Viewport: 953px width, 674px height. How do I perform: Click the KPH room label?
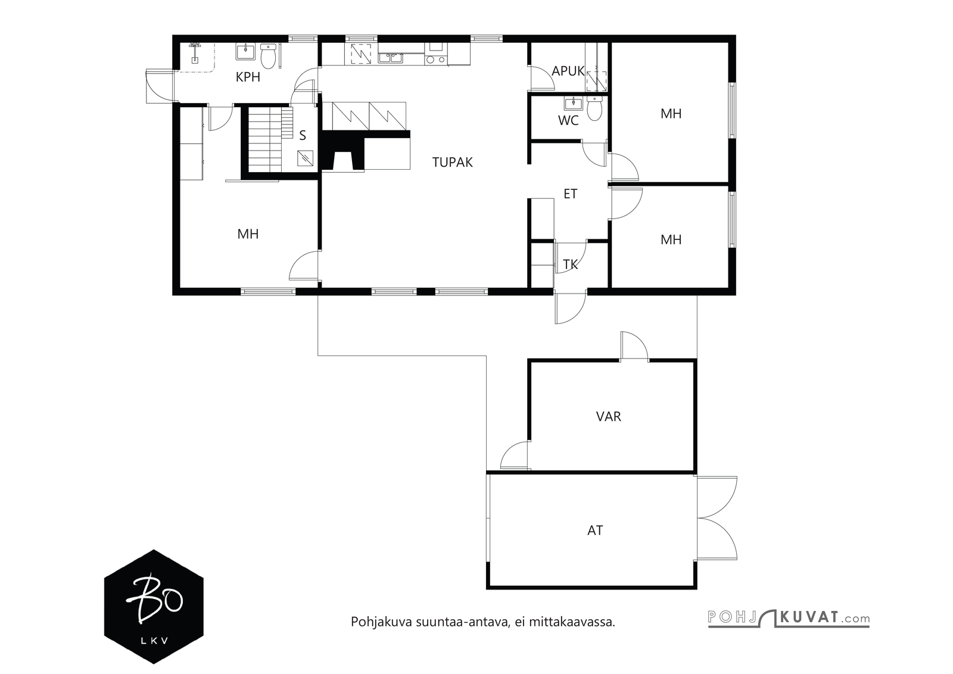tap(248, 77)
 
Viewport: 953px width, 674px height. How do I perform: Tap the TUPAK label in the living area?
tap(452, 162)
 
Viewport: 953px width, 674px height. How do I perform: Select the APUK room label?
tap(568, 71)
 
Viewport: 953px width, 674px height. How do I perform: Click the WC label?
tap(568, 120)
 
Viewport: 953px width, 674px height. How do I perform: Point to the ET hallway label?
tap(570, 194)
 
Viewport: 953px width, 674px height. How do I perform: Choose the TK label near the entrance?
tap(570, 264)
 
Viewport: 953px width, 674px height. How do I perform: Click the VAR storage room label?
tap(608, 416)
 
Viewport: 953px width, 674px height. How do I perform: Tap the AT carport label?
tap(595, 531)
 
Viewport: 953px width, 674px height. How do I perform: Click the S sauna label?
tap(303, 135)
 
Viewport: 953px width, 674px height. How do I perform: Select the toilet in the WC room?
tap(594, 108)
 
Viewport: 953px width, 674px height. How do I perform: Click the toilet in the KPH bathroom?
tap(268, 57)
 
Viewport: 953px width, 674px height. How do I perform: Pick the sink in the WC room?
tap(574, 104)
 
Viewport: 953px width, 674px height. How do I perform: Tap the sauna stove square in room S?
tap(306, 158)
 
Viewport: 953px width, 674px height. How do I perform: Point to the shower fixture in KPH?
tap(195, 53)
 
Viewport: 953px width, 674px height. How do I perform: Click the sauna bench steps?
tap(270, 139)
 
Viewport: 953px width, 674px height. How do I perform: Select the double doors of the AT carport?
tap(717, 518)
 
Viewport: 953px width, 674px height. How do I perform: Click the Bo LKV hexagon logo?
tap(154, 606)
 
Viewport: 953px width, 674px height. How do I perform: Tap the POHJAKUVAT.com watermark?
tap(789, 618)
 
